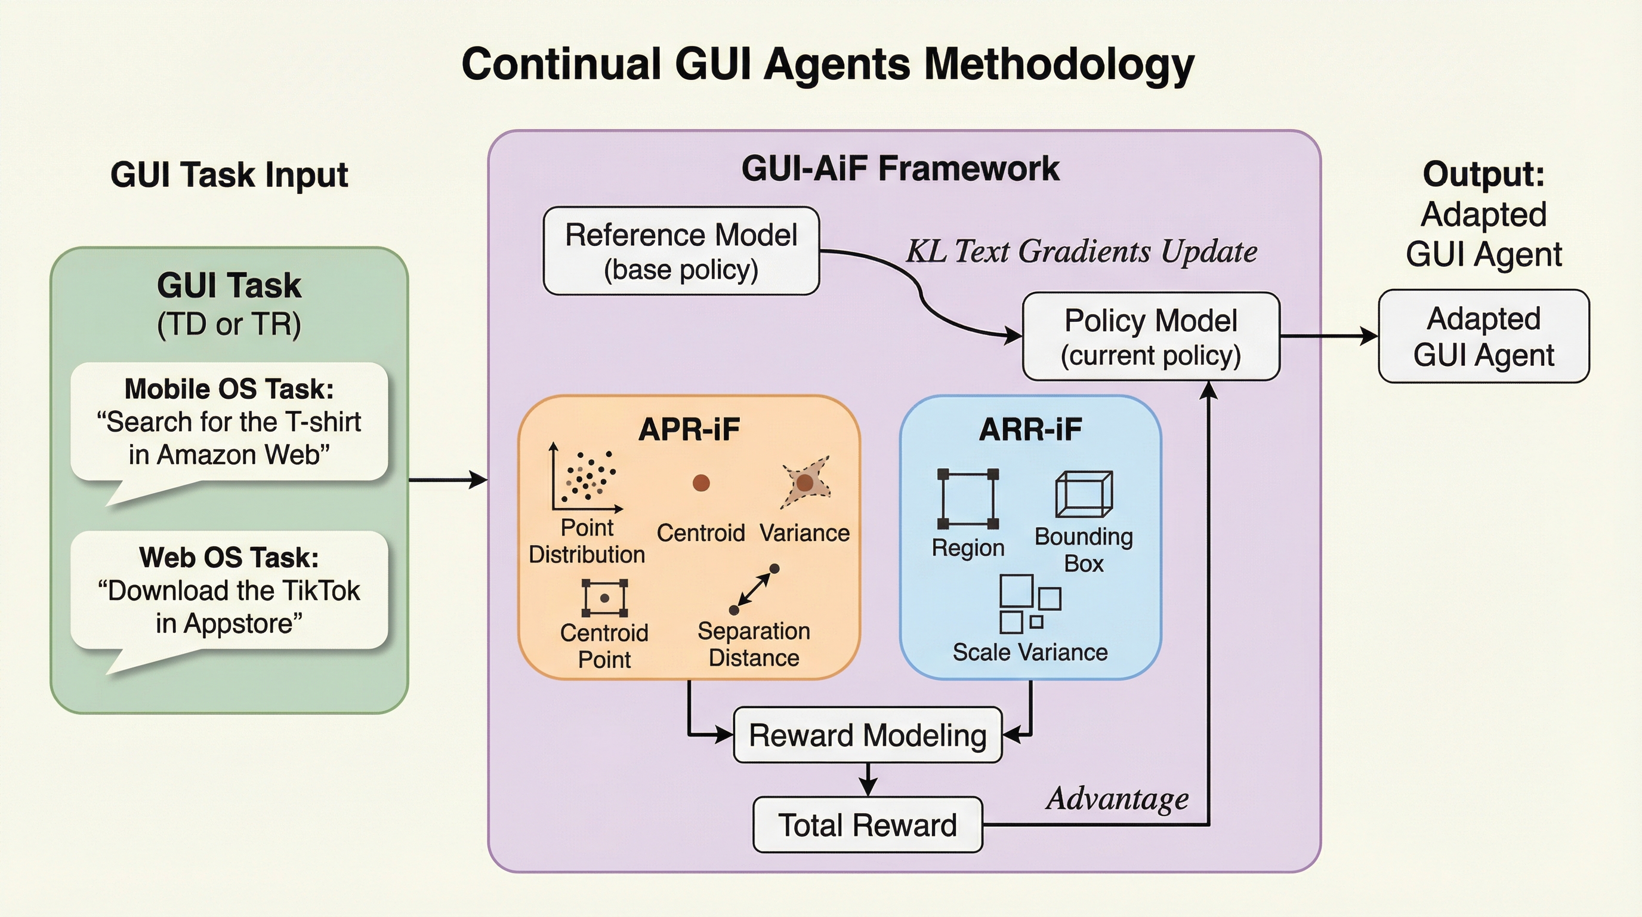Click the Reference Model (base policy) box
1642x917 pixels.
(x=681, y=251)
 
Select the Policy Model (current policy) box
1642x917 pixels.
(x=1150, y=337)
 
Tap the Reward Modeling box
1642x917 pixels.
(x=868, y=736)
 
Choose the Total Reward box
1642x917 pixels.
(x=868, y=824)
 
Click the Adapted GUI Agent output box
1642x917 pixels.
(x=1483, y=337)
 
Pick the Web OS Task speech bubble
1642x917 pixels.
(x=229, y=590)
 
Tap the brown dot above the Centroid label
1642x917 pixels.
(x=701, y=483)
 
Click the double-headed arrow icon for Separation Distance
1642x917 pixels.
(x=754, y=589)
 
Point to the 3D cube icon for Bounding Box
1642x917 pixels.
(x=1084, y=494)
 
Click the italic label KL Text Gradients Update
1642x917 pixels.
(x=1082, y=251)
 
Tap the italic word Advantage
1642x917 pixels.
(x=1118, y=798)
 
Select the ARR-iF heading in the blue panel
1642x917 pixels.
(x=1030, y=429)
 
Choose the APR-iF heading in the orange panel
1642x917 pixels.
(x=689, y=429)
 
